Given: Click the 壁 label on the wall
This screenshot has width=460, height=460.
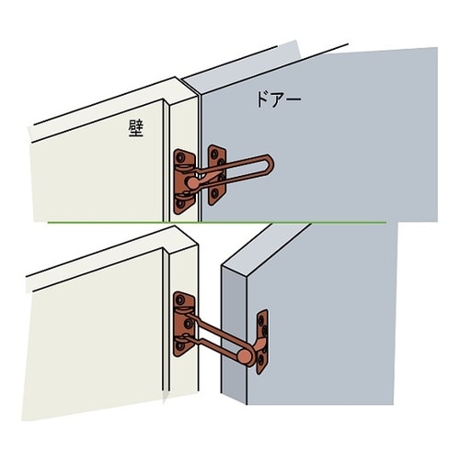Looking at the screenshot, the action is coord(136,128).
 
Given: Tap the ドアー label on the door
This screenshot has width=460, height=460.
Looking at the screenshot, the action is coord(279,99).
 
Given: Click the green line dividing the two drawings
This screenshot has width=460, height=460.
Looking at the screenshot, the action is coord(216,223).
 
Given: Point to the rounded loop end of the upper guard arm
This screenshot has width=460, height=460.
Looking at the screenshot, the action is coord(270,166).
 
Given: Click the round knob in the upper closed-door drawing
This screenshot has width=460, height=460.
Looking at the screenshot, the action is coord(193,183).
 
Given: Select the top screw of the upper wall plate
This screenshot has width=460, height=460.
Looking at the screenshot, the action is coord(180,158).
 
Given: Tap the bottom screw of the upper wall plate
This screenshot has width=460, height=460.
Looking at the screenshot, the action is coord(180,203).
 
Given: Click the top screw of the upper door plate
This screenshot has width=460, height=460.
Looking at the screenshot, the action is coord(215,153).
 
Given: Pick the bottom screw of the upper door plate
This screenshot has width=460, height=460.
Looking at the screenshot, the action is coord(214,193).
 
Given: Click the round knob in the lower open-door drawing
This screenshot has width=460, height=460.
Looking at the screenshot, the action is coord(245,356).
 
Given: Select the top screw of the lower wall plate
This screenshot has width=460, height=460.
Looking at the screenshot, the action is coord(181,299).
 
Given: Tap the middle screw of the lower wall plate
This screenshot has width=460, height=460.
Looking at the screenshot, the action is coord(188,323).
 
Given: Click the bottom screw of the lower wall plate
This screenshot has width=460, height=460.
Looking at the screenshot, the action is coord(180,346).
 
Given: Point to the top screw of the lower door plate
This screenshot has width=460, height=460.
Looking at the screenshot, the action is coord(261,321).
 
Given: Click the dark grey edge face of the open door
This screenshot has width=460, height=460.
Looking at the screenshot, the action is coord(234,334).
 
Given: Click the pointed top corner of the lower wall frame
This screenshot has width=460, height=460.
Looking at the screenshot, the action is coord(175,226).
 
